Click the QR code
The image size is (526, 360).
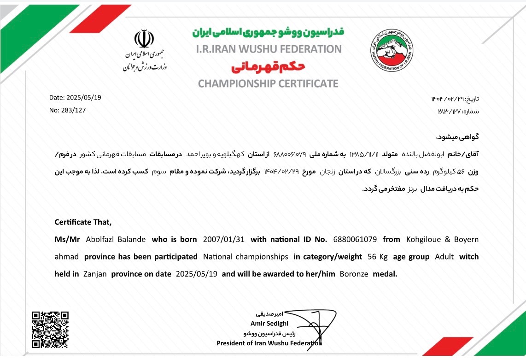pos(50,330)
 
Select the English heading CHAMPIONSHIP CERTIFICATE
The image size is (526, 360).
pos(268,83)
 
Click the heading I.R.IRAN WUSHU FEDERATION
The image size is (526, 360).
pos(269,49)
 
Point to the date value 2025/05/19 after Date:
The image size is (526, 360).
pos(84,98)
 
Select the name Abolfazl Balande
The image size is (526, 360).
pos(116,240)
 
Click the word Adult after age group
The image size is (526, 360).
pos(444,257)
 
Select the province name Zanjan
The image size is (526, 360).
pos(95,274)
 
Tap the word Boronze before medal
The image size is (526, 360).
pos(354,274)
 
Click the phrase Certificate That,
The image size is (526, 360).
pos(83,222)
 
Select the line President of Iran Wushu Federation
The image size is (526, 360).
pos(269,343)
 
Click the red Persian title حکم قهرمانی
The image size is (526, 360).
pos(268,68)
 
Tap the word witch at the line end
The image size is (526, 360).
pos(469,257)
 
